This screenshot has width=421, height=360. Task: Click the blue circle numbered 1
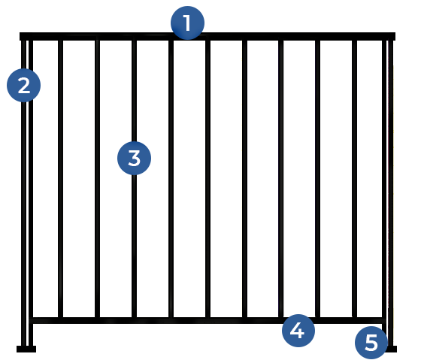tap(187, 23)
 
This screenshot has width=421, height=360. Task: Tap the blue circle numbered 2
tap(23, 86)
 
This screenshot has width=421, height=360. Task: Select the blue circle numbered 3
tap(135, 158)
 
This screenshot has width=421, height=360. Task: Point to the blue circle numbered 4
tap(298, 331)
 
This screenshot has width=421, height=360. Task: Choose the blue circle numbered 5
tap(371, 343)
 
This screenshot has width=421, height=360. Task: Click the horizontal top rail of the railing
tap(207, 36)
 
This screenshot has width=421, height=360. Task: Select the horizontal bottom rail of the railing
tap(207, 320)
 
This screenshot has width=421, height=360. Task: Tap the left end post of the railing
tap(27, 193)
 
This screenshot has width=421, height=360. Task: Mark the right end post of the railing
tap(388, 193)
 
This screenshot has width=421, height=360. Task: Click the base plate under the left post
tap(26, 349)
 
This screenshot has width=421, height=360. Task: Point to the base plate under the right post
tap(392, 349)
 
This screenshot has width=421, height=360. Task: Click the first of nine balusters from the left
tap(60, 179)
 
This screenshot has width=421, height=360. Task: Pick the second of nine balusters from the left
tap(98, 179)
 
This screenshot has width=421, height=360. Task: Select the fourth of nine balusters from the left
tap(171, 179)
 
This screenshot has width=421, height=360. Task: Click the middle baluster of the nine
tap(207, 179)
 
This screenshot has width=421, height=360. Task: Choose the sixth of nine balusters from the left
tap(244, 179)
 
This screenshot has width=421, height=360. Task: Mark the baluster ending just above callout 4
tap(281, 179)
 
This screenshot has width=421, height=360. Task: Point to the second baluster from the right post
tap(317, 179)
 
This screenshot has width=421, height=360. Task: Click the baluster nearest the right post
tap(354, 179)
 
